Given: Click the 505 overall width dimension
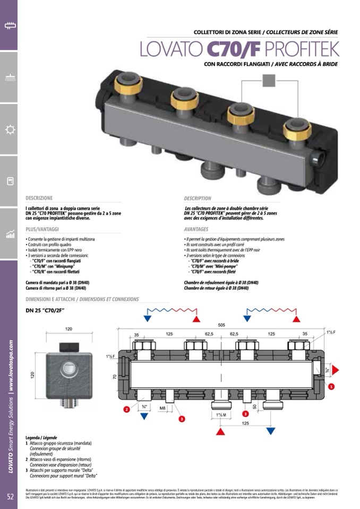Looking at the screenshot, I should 221,325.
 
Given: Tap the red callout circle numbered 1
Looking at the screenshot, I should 330,386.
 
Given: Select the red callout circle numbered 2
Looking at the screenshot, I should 126,409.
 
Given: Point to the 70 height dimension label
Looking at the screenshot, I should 114,376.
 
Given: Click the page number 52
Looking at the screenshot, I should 10,497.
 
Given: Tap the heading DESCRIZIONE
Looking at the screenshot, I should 39,198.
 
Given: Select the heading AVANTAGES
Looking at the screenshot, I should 196,230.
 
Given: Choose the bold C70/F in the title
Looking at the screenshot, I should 234,49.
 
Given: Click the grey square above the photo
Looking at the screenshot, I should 269,80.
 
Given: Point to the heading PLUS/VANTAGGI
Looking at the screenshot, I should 42,230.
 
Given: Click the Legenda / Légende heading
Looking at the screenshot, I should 41,437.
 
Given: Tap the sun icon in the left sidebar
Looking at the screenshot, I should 9,130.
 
